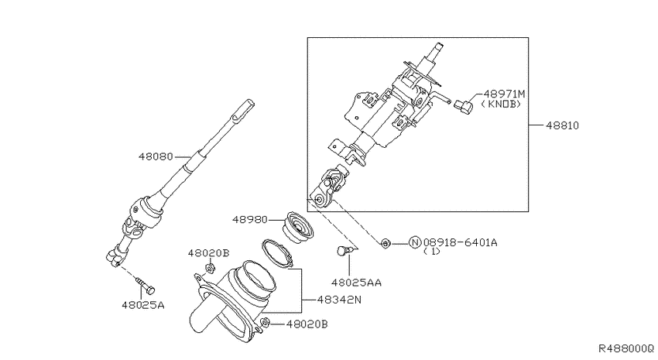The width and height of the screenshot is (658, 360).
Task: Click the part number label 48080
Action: coord(156,156)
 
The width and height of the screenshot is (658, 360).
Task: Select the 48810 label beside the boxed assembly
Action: coord(562,125)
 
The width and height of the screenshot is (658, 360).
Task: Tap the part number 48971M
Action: coord(505,94)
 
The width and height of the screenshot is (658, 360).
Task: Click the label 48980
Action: coord(250,219)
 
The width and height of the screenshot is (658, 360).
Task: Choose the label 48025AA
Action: coord(356,283)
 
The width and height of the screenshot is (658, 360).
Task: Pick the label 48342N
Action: coord(339,300)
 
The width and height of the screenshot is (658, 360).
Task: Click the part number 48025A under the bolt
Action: coord(143,306)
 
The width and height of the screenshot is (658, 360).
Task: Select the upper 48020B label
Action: coord(208,253)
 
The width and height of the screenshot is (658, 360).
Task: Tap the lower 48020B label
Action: coord(307,324)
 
